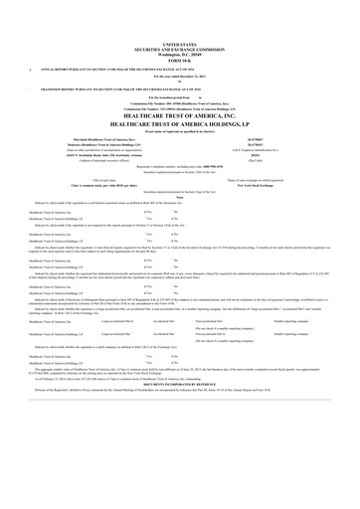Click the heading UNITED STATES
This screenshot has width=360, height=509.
(x=179, y=45)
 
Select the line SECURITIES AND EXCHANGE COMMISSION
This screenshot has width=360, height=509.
(x=179, y=50)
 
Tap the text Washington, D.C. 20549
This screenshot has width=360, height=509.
(x=179, y=56)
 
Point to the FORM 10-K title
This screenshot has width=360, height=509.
(x=179, y=62)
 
